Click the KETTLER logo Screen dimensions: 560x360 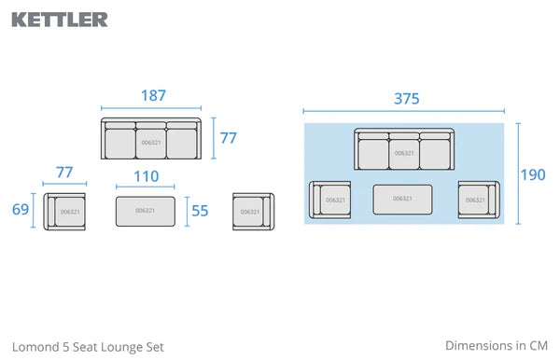(x=60, y=20)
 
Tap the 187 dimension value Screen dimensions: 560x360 (x=154, y=96)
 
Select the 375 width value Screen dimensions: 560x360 (x=406, y=99)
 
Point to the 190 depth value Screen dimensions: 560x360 (x=533, y=174)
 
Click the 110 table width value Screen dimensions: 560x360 (x=147, y=176)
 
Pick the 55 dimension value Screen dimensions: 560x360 (x=200, y=211)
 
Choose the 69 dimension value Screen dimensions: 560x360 (x=21, y=210)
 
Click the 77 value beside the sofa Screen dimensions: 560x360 (x=229, y=138)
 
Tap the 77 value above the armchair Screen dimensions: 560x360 (x=64, y=173)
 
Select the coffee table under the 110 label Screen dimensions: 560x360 (x=146, y=211)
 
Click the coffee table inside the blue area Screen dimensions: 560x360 (x=402, y=200)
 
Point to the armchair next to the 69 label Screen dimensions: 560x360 (x=64, y=212)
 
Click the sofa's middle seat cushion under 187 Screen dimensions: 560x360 (x=151, y=144)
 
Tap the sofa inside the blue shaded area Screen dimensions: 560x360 (x=404, y=149)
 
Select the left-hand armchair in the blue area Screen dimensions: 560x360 (x=329, y=200)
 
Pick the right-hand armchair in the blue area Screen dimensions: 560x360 (x=479, y=200)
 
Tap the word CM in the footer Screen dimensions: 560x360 (x=539, y=346)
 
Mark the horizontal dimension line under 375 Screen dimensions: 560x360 (x=403, y=111)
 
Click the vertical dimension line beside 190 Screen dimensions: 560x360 (x=518, y=173)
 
